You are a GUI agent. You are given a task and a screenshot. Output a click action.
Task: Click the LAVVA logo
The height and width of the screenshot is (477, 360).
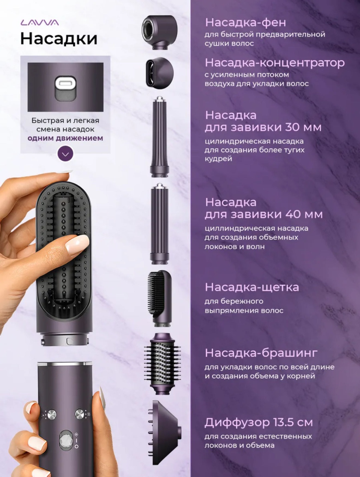pyautogui.click(x=40, y=23)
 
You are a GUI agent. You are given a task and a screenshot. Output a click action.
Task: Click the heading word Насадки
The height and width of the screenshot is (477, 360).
pyautogui.click(x=59, y=39)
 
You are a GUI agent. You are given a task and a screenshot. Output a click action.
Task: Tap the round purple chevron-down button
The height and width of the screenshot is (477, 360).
pyautogui.click(x=65, y=154)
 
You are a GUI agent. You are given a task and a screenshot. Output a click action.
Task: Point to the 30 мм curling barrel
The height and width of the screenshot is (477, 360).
pyautogui.click(x=159, y=137)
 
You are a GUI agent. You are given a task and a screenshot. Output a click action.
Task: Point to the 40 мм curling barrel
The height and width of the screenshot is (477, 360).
pyautogui.click(x=159, y=224)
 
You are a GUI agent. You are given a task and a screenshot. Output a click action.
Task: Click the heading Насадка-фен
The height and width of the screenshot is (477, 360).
pyautogui.click(x=246, y=23)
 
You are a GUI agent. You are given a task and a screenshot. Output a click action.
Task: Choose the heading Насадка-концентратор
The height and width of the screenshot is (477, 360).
pyautogui.click(x=275, y=63)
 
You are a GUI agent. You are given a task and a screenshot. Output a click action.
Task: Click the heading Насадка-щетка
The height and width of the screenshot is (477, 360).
pyautogui.click(x=252, y=287)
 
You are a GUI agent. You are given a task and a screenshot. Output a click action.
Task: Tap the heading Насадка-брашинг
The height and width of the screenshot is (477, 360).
pyautogui.click(x=261, y=353)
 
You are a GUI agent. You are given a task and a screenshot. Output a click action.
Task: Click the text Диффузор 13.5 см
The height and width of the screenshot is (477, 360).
pyautogui.click(x=259, y=423)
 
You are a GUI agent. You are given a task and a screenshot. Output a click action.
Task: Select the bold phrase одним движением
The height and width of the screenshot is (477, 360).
pyautogui.click(x=65, y=138)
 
